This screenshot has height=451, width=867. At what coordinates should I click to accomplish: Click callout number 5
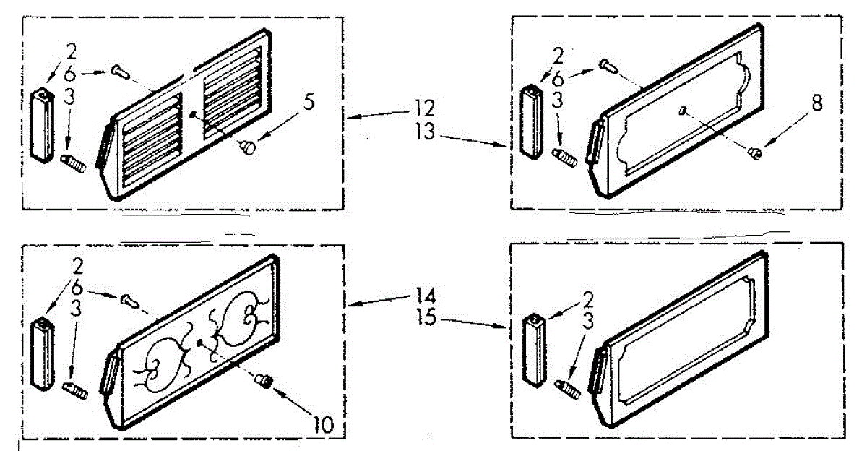coord(309,102)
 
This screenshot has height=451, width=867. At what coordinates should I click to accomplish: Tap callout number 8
coord(816,103)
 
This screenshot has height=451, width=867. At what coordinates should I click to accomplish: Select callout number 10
coord(322,425)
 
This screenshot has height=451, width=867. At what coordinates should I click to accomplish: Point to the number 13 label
coord(425,132)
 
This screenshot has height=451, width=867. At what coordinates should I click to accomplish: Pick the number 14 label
coord(426,296)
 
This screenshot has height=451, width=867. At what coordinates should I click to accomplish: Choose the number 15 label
coord(426,318)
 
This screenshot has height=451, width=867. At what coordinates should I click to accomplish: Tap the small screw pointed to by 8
coord(755,153)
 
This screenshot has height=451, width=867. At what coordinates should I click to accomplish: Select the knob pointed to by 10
coord(264,380)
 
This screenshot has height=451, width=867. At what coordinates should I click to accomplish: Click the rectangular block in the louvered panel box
coord(42,126)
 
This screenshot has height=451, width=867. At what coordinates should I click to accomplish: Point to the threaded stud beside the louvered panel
coord(73,163)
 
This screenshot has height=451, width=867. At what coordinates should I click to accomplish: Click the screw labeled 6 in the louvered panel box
coord(121,72)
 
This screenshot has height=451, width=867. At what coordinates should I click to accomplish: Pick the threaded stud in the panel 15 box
coord(567,389)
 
